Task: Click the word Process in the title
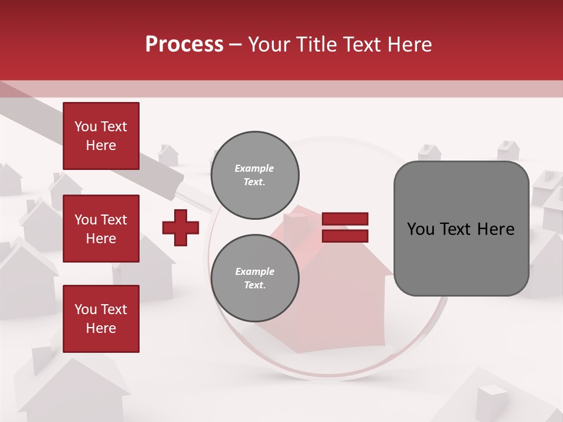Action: coord(184,45)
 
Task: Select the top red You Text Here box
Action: coord(101,136)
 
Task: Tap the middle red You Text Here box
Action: coord(101,229)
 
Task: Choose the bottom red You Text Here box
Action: coord(101,319)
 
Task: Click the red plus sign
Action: coord(181,227)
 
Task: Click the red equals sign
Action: coord(345,227)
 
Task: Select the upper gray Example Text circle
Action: coord(255,175)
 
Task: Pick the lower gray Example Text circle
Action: coord(255,278)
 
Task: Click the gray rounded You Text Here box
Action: coord(461,229)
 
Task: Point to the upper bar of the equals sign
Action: coord(345,219)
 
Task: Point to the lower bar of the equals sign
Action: coord(345,236)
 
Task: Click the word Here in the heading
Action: coord(410,45)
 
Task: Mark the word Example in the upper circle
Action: coord(255,168)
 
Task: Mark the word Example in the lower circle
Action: coord(255,271)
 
